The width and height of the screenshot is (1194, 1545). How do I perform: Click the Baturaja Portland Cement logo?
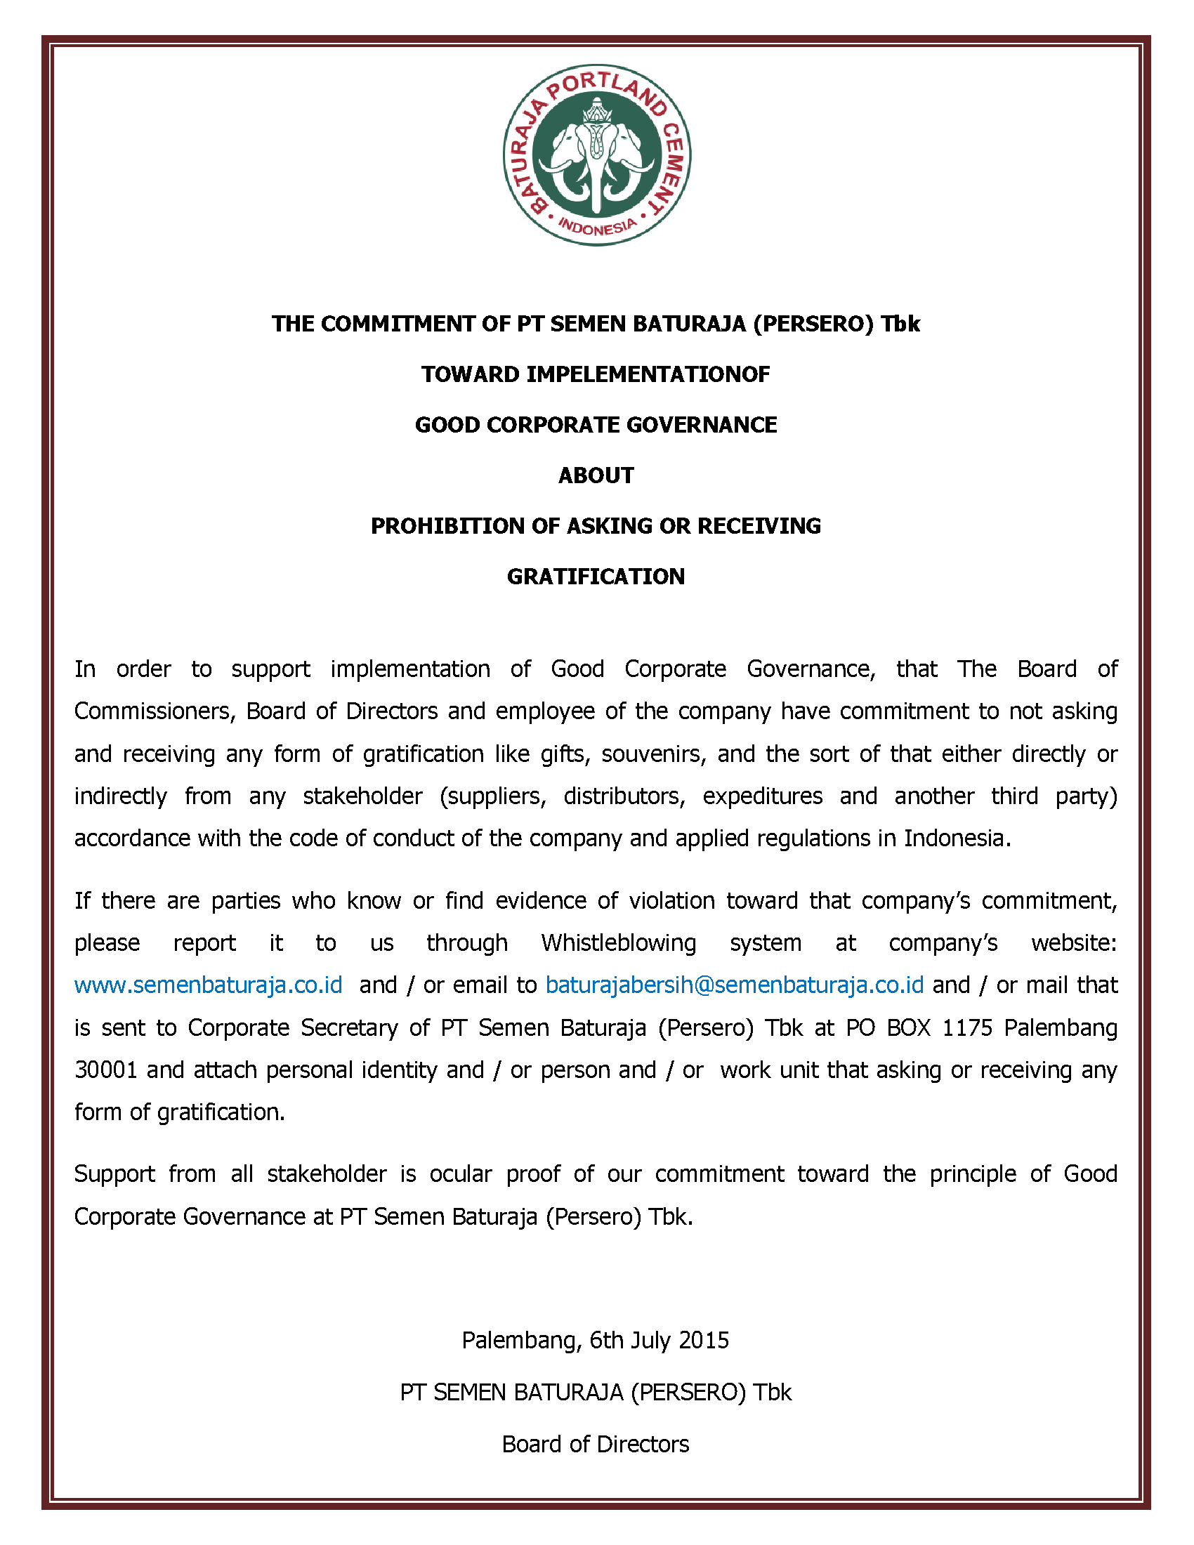click(596, 155)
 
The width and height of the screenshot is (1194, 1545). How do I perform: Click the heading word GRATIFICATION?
click(596, 577)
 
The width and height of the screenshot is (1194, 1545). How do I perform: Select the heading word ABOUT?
click(596, 475)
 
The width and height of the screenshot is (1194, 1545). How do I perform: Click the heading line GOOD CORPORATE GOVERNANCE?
click(596, 424)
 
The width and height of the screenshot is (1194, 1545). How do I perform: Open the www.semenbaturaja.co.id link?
click(208, 985)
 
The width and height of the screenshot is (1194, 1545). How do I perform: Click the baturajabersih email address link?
click(734, 985)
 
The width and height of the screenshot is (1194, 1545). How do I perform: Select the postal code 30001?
click(105, 1070)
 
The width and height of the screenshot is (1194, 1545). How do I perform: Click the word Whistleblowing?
click(618, 942)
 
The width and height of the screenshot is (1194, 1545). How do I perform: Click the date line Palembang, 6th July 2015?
click(596, 1340)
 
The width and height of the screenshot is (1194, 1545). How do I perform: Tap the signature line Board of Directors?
click(596, 1444)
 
